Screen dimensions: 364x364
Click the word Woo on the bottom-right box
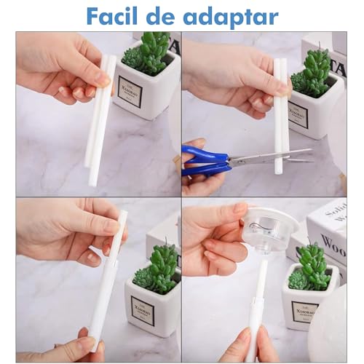tap(333, 241)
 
